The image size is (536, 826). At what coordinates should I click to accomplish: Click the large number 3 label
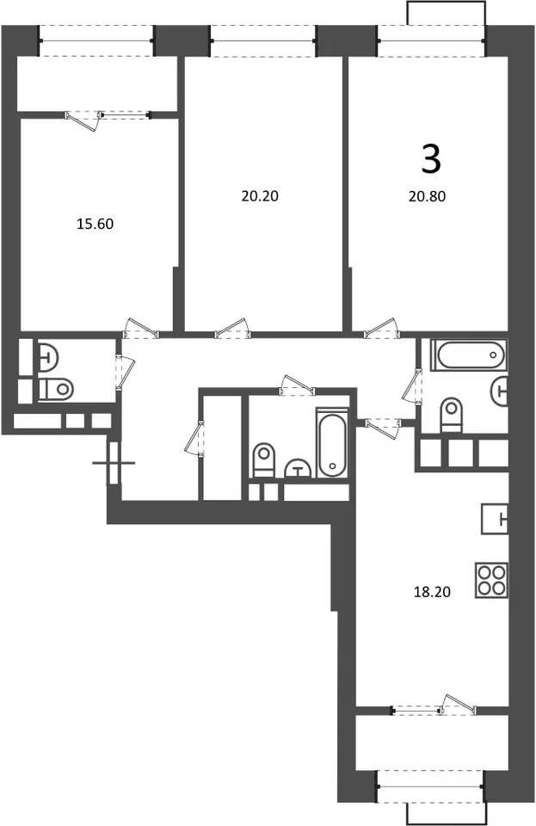point(431,160)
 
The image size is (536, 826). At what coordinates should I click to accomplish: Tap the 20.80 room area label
point(427,196)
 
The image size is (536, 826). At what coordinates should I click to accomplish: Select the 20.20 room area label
point(260,196)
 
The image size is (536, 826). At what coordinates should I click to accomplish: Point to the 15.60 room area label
point(95,224)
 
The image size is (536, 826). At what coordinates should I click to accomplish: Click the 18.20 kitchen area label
point(432,592)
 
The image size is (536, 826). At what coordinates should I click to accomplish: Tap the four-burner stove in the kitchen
point(491,580)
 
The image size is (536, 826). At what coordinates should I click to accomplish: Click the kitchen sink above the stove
point(495,520)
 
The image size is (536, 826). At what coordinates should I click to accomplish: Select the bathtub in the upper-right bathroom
point(469,354)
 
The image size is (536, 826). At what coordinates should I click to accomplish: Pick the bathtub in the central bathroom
point(332,442)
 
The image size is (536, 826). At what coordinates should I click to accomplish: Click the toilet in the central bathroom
point(264,459)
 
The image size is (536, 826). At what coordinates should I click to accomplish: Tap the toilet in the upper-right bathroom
point(451,414)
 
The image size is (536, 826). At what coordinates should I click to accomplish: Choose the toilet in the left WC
point(56,390)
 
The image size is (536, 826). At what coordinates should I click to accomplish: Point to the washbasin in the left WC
point(47,355)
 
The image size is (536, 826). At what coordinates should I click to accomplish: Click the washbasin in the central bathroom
point(299,468)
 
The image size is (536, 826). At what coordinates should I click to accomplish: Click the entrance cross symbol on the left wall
point(114,463)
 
